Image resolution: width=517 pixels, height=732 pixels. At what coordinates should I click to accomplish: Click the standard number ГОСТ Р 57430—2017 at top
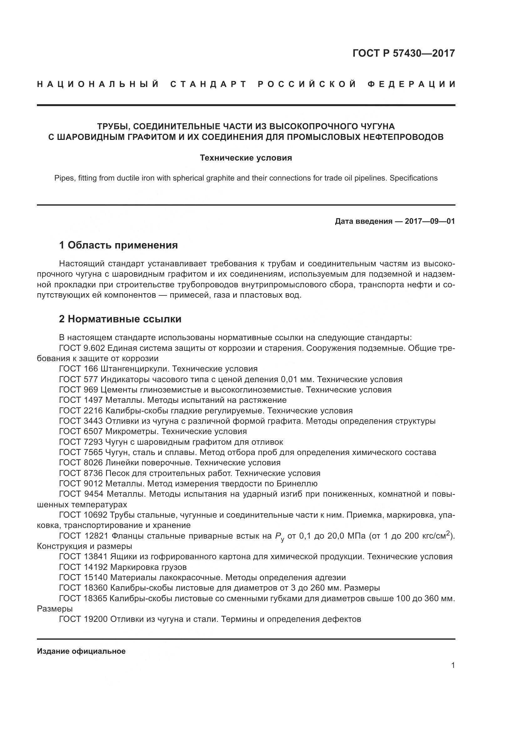pyautogui.click(x=404, y=53)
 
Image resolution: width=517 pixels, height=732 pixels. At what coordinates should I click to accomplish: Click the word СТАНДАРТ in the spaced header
pyautogui.click(x=208, y=84)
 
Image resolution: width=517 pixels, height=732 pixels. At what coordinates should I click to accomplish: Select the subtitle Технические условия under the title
pyautogui.click(x=246, y=158)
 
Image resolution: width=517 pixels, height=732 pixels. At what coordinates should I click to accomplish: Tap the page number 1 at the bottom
pyautogui.click(x=453, y=665)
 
